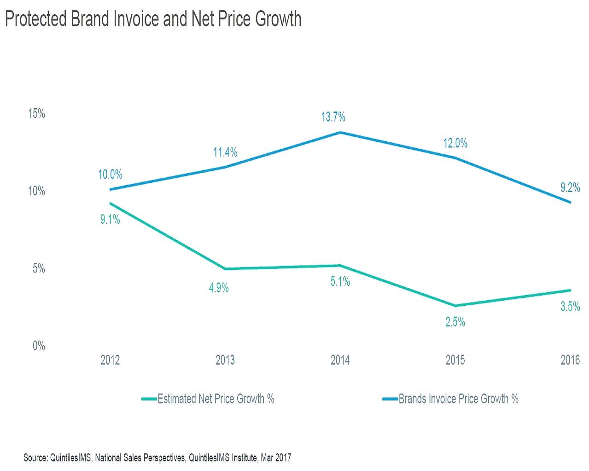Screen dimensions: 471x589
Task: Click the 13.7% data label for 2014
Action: tap(333, 117)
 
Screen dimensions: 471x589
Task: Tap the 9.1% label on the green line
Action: tap(110, 220)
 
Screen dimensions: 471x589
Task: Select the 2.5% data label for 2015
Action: tap(455, 322)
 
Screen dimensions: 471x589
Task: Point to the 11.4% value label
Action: tap(225, 152)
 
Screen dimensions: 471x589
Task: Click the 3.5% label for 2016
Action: tap(570, 307)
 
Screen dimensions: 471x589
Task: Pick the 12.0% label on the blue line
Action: tap(455, 144)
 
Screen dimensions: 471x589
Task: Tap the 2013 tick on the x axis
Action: tap(225, 360)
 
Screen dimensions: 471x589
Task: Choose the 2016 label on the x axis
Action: tap(570, 360)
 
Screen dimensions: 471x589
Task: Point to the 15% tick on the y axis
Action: tap(37, 114)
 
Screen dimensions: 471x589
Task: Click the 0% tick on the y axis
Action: tap(39, 346)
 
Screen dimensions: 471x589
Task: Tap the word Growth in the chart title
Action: tap(278, 19)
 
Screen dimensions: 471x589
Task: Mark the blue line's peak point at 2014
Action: tap(340, 133)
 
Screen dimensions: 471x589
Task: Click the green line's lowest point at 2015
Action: tap(455, 306)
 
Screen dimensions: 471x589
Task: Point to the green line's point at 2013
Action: tap(225, 269)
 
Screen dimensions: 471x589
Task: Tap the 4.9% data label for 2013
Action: tap(219, 288)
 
